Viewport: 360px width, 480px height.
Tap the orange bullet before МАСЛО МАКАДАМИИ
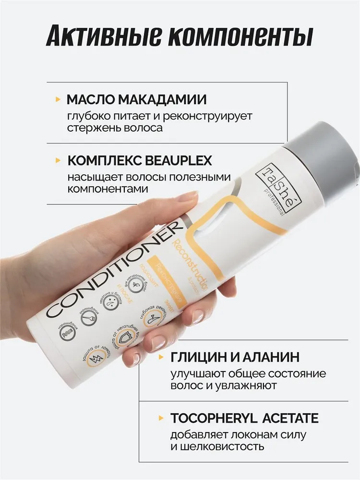pyautogui.click(x=58, y=99)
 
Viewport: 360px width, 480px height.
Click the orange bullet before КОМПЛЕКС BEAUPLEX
pyautogui.click(x=58, y=160)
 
